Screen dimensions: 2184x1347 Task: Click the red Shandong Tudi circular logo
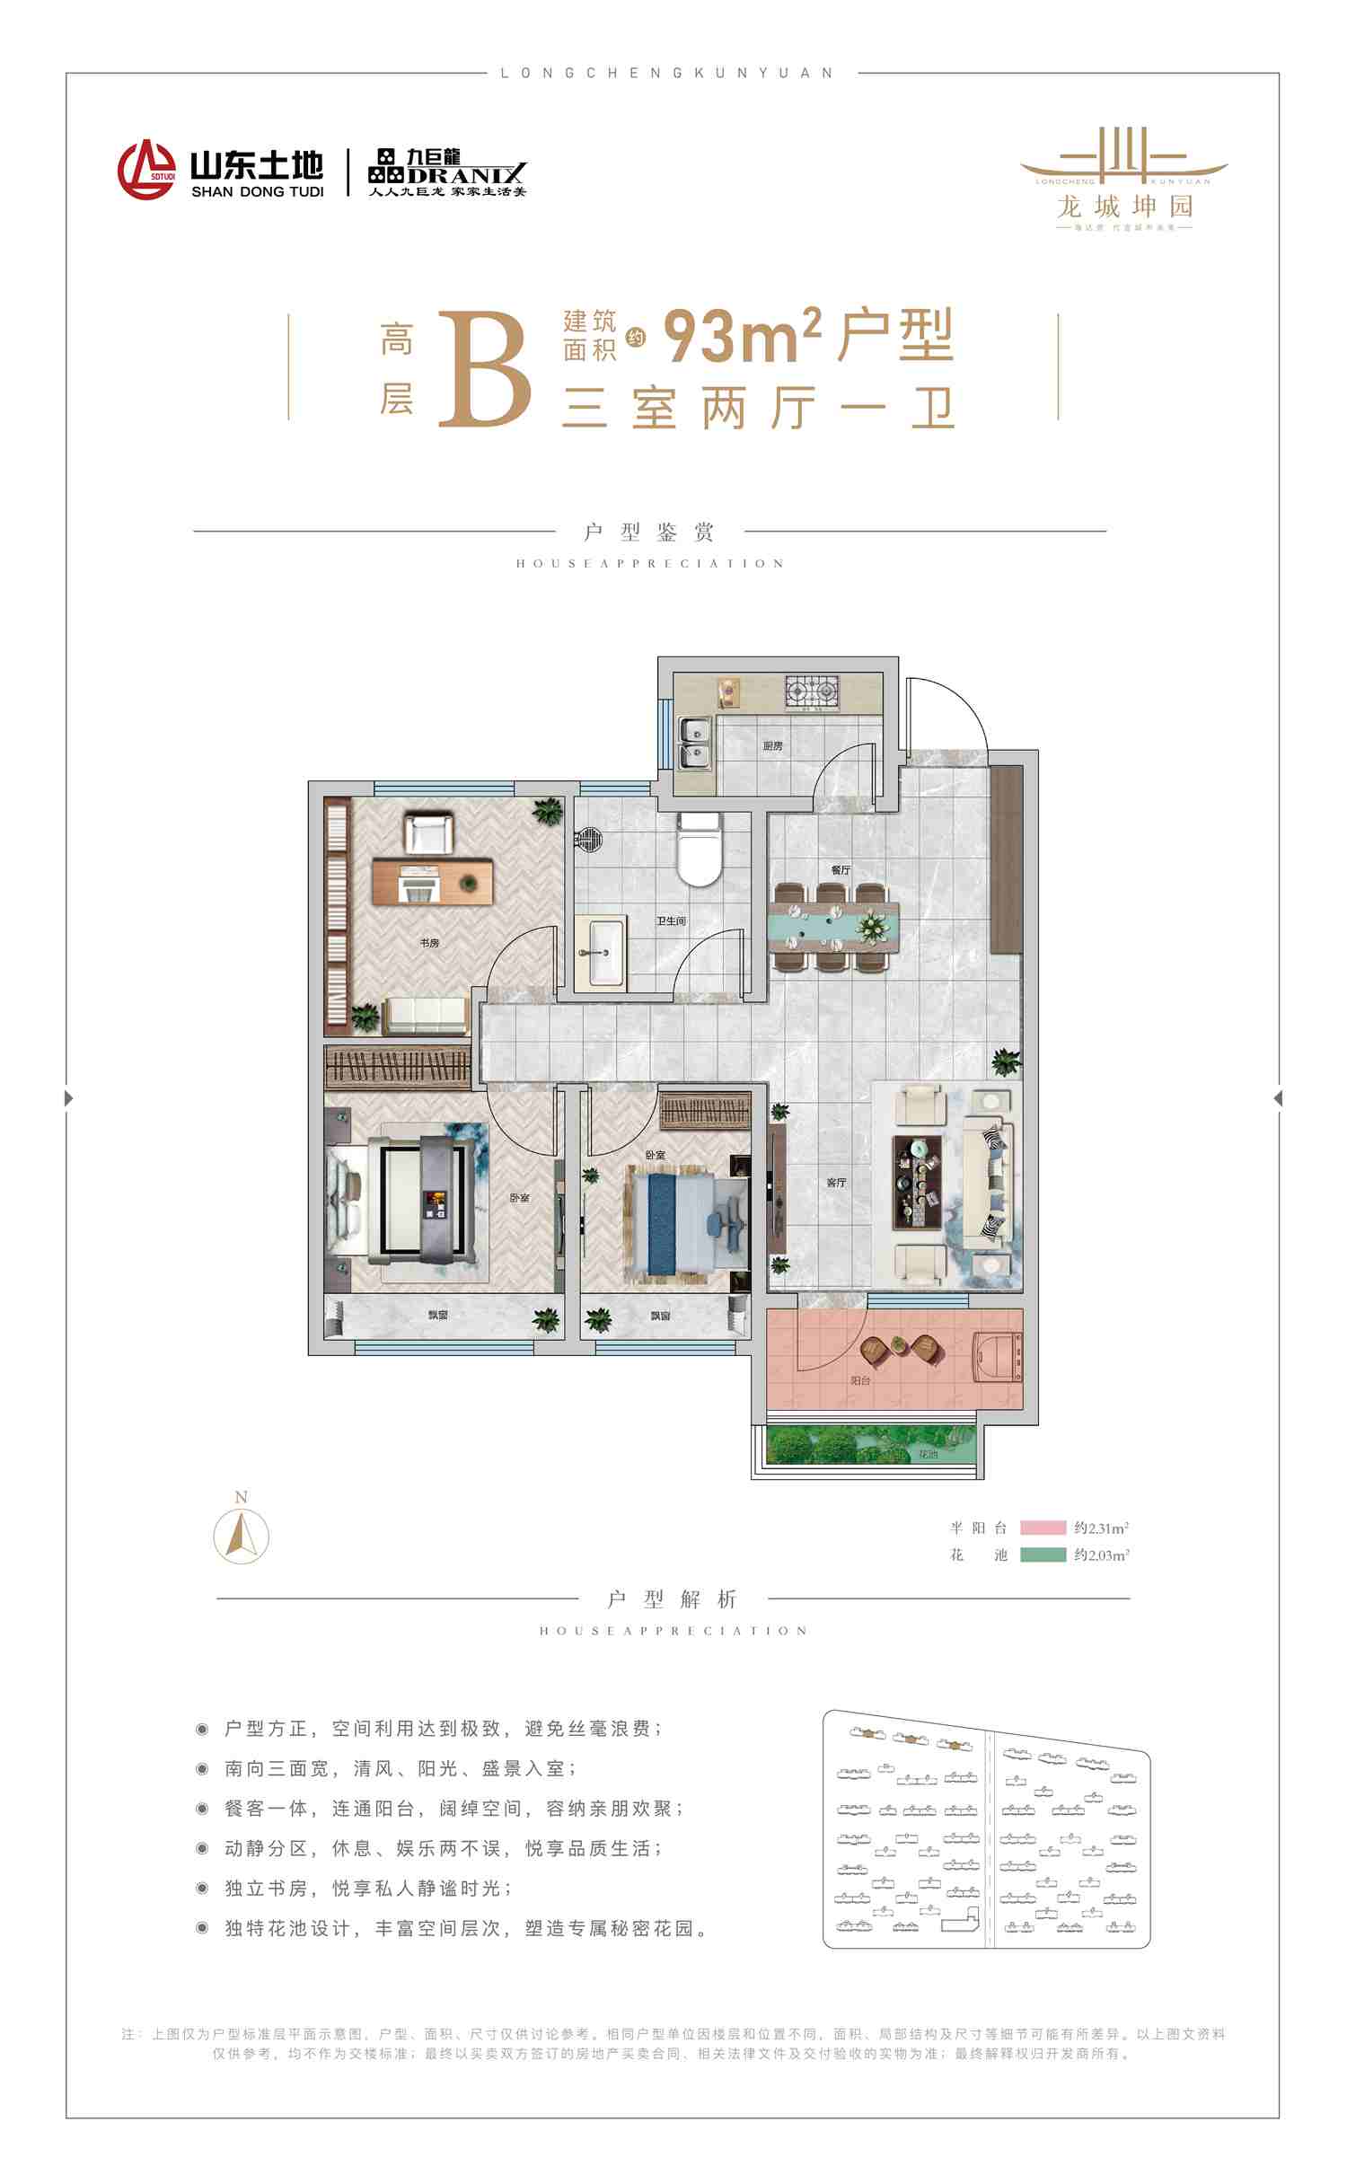point(146,169)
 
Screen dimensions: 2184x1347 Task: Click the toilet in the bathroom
point(699,848)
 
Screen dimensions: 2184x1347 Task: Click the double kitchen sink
point(695,744)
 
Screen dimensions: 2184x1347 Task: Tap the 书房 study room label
point(429,943)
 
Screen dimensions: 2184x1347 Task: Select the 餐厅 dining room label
point(841,870)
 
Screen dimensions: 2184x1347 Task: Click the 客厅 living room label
point(836,1182)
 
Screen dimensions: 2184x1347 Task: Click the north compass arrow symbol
point(241,1536)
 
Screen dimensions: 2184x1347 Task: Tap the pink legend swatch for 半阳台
point(1043,1528)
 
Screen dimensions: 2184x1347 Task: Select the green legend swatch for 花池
point(1043,1555)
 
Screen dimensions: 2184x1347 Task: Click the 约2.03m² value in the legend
point(1101,1555)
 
